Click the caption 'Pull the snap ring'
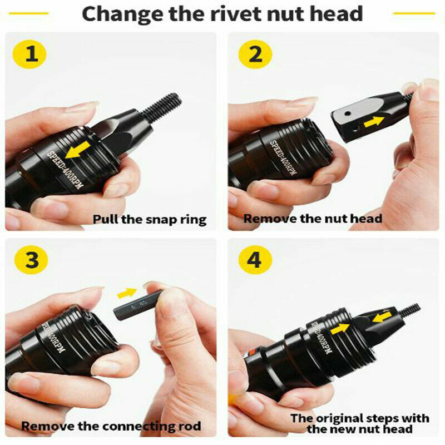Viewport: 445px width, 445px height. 149,219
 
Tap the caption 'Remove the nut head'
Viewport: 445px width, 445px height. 313,218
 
